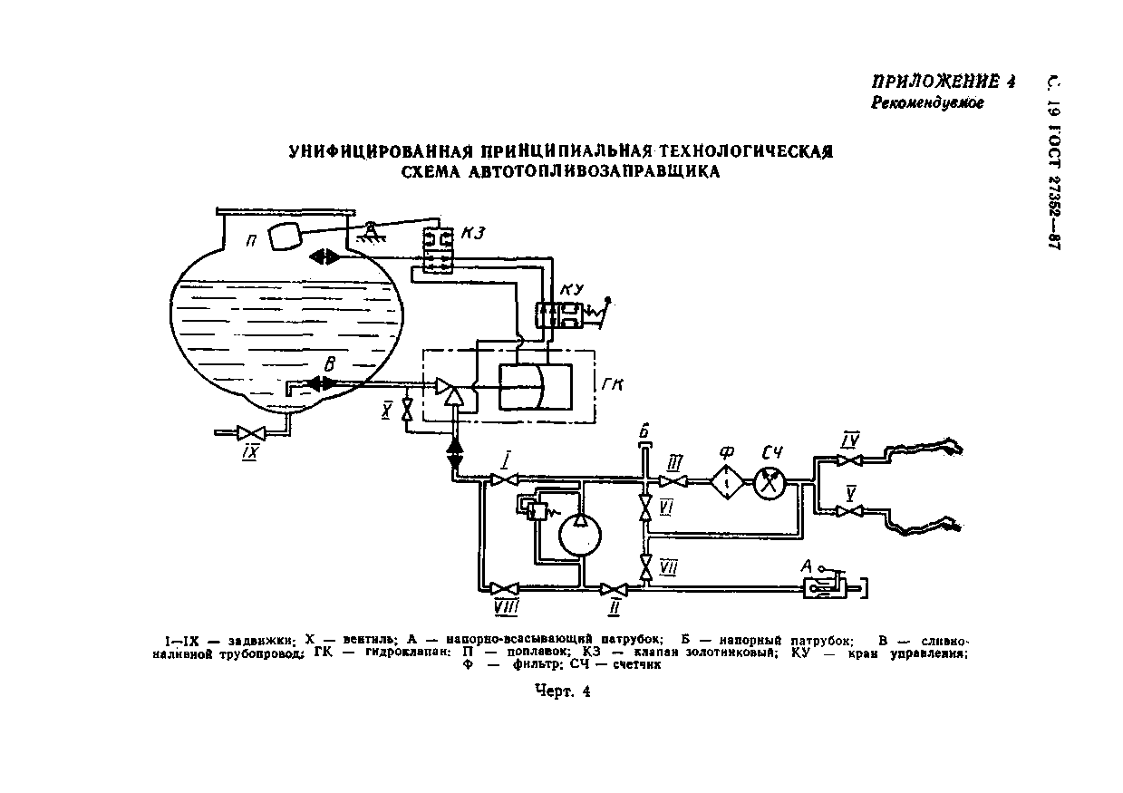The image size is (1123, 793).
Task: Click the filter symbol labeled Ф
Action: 726,482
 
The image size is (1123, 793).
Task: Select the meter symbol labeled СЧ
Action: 768,482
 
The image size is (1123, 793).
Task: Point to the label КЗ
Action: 471,234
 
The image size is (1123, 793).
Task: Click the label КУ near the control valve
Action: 573,290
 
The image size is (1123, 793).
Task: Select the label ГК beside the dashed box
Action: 614,383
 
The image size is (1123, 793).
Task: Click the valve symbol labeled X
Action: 407,410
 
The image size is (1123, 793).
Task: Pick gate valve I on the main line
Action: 500,479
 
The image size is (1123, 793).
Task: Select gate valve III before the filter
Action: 673,481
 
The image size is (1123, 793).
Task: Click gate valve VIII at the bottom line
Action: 505,587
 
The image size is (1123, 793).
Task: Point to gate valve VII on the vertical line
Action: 645,566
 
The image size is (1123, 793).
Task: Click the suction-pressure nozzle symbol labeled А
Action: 828,588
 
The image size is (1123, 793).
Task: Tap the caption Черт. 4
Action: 562,691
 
